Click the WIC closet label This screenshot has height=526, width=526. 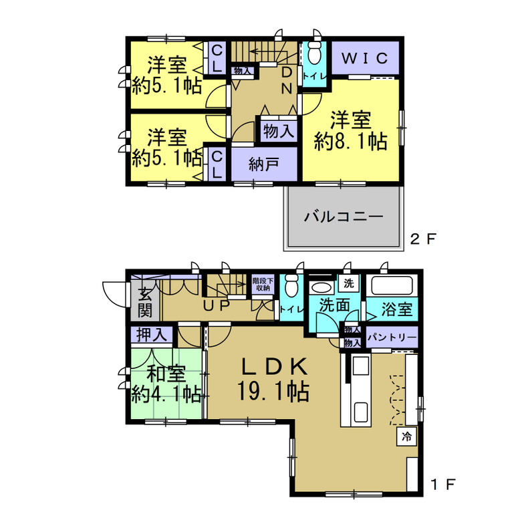(x=365, y=58)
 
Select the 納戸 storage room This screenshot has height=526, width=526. (x=263, y=164)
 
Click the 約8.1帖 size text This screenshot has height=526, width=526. (x=351, y=141)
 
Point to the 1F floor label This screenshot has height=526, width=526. (x=444, y=483)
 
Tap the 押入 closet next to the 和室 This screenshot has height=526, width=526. (x=152, y=334)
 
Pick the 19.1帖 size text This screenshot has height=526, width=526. (x=273, y=391)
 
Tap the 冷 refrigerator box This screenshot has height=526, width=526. (x=406, y=437)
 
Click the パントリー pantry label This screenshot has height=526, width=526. (x=391, y=336)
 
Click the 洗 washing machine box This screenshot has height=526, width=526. (x=348, y=282)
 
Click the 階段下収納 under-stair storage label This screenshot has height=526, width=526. (x=261, y=284)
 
